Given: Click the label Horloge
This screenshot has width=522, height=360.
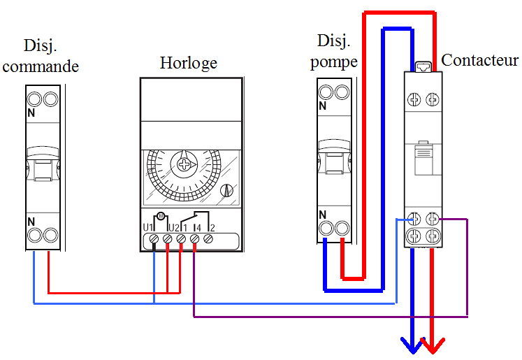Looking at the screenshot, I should pos(188,63).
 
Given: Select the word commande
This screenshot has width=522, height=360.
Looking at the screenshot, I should pos(41,67).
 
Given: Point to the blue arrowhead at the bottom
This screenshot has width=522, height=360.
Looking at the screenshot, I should pos(412,344).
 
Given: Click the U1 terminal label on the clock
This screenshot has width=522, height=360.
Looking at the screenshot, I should pos(148,226).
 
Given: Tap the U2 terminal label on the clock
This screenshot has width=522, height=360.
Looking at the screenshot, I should pos(174,226).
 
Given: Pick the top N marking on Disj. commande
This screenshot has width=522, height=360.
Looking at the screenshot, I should pos(31,112).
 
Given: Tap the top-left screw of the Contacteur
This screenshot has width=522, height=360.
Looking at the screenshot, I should pos(415,100).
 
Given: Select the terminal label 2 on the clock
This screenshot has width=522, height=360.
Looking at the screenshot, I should pos(211,227).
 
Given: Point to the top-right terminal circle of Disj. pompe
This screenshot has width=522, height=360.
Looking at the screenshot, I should pos(342,92).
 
